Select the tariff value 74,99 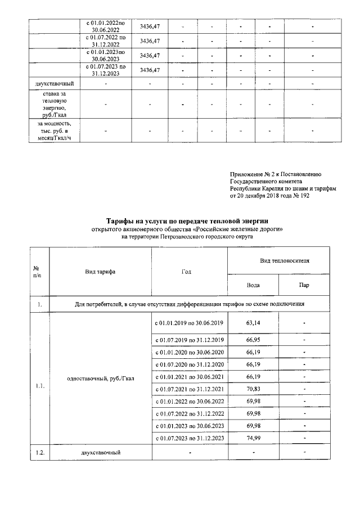pyautogui.click(x=253, y=438)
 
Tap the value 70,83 pyautogui.click(x=253, y=389)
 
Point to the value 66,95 pyautogui.click(x=253, y=340)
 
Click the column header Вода pyautogui.click(x=253, y=285)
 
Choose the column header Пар pyautogui.click(x=304, y=285)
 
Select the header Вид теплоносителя pyautogui.click(x=278, y=262)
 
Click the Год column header pyautogui.click(x=189, y=271)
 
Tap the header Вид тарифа pyautogui.click(x=100, y=271)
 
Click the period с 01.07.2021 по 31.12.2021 pyautogui.click(x=189, y=389)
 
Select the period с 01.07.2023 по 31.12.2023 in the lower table pyautogui.click(x=189, y=438)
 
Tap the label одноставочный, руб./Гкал pyautogui.click(x=101, y=377)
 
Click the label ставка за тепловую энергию pyautogui.click(x=55, y=104)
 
